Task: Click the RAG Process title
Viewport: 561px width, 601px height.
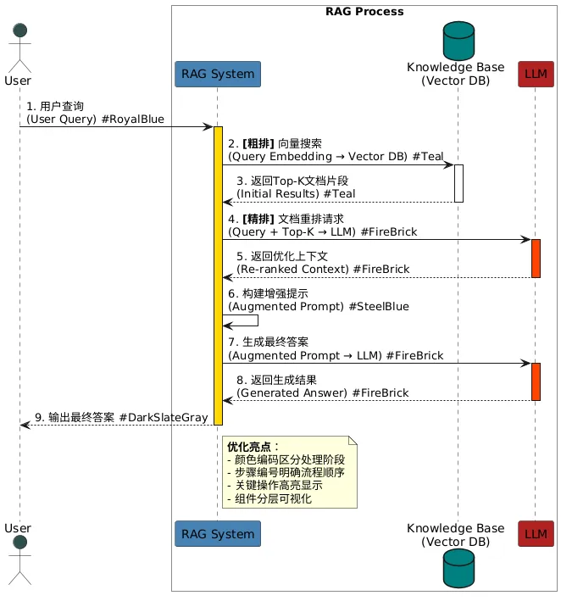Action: [364, 12]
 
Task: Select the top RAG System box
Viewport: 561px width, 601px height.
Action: [217, 74]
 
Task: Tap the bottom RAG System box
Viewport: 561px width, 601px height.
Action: [217, 534]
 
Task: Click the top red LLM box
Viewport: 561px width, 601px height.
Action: [536, 74]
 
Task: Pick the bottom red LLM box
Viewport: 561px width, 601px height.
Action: [536, 534]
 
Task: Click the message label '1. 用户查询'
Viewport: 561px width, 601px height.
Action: [55, 107]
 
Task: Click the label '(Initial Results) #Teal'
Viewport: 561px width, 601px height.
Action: [296, 194]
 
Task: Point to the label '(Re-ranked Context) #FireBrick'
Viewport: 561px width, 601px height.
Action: [323, 269]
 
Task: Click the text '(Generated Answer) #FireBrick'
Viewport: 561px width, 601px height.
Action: [322, 392]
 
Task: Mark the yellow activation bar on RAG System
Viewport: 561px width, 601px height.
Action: [218, 271]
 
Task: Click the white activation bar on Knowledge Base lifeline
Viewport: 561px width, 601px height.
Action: [458, 183]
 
